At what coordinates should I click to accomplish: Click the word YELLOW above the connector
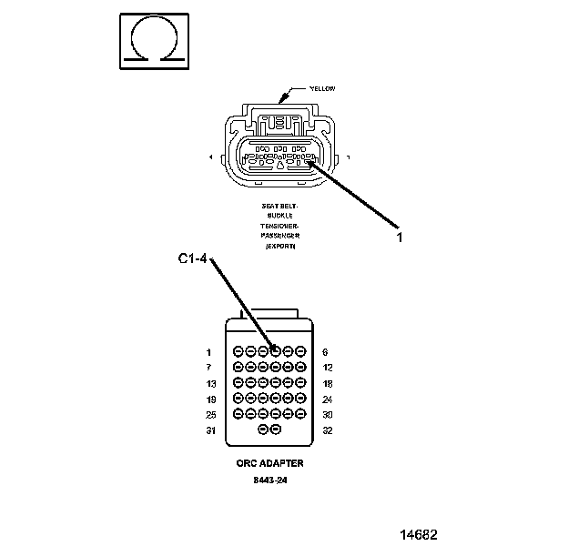point(322,88)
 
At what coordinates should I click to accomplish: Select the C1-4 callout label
point(193,260)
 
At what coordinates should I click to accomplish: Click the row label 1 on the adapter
point(208,351)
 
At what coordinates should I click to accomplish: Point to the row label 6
point(325,351)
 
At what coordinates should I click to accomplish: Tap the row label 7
point(208,367)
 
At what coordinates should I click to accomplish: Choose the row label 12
point(328,367)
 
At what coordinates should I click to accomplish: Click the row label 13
point(210,383)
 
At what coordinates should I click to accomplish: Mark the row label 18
point(328,383)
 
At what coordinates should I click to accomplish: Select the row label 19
point(210,399)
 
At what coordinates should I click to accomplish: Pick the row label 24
point(328,399)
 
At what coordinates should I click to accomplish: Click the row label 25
point(210,414)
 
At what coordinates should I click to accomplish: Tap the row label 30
point(328,414)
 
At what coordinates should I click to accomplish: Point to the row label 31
point(210,430)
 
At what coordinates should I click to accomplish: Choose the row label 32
point(328,430)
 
